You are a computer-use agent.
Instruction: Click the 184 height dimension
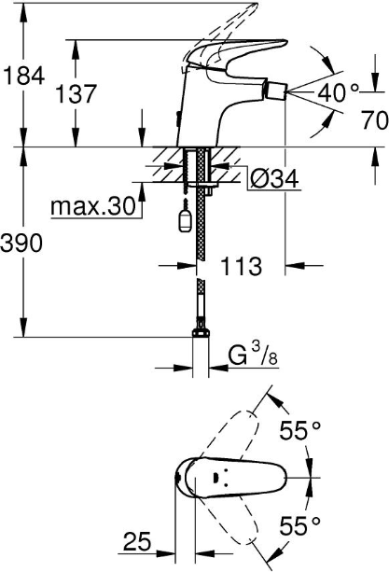[x=23, y=77]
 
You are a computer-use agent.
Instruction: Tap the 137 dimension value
[x=76, y=93]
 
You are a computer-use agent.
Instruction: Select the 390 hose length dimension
[x=21, y=243]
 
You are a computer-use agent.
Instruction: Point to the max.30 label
[x=93, y=206]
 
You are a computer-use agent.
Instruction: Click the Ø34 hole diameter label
[x=275, y=178]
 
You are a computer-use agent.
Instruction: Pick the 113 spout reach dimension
[x=241, y=266]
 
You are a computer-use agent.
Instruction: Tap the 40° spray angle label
[x=339, y=92]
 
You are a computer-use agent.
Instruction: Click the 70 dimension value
[x=375, y=120]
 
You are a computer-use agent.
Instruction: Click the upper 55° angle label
[x=300, y=430]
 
